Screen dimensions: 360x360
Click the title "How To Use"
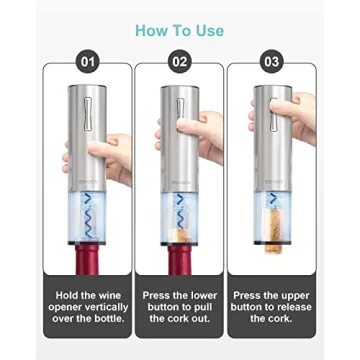coord(180,29)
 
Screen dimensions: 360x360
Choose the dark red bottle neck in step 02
coord(180,260)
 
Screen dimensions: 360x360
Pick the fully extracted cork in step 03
coord(271,232)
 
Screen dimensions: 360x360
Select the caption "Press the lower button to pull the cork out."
coord(180,305)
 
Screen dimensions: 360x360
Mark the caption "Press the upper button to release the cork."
coord(272,305)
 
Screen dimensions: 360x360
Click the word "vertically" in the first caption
coord(103,305)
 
